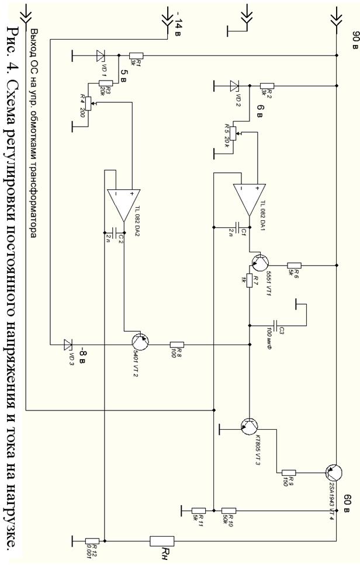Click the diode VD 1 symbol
tap(99, 55)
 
